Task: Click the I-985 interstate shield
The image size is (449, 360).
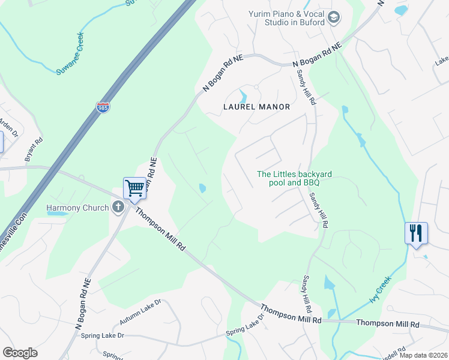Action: [x=103, y=107]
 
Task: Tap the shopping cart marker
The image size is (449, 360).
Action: [x=135, y=188]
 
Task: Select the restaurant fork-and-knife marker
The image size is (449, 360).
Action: [x=416, y=232]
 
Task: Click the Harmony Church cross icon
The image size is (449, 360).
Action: [x=118, y=208]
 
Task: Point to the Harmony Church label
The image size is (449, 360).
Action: [x=77, y=208]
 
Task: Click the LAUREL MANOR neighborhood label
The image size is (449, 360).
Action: [x=257, y=107]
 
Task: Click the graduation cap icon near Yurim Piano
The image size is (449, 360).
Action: [x=333, y=19]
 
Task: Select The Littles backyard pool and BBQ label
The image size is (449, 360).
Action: [x=294, y=178]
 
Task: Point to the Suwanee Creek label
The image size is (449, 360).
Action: [x=79, y=53]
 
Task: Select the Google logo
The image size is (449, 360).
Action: [x=20, y=353]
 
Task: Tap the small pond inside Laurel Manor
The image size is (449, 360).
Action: [x=243, y=97]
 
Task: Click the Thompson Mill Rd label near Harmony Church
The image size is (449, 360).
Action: [x=160, y=230]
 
